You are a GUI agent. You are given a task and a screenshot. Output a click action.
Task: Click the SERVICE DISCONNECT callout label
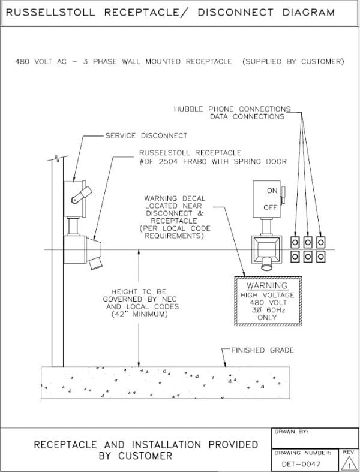[146, 136]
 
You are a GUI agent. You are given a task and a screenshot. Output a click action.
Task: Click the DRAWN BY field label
[293, 432]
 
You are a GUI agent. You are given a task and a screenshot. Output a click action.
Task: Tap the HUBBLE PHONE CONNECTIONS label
[232, 109]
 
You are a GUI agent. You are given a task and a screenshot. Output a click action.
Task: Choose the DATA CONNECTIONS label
[247, 116]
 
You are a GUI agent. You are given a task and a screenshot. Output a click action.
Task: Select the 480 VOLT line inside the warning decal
[267, 302]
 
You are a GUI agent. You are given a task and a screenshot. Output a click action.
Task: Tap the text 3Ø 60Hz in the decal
[267, 310]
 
